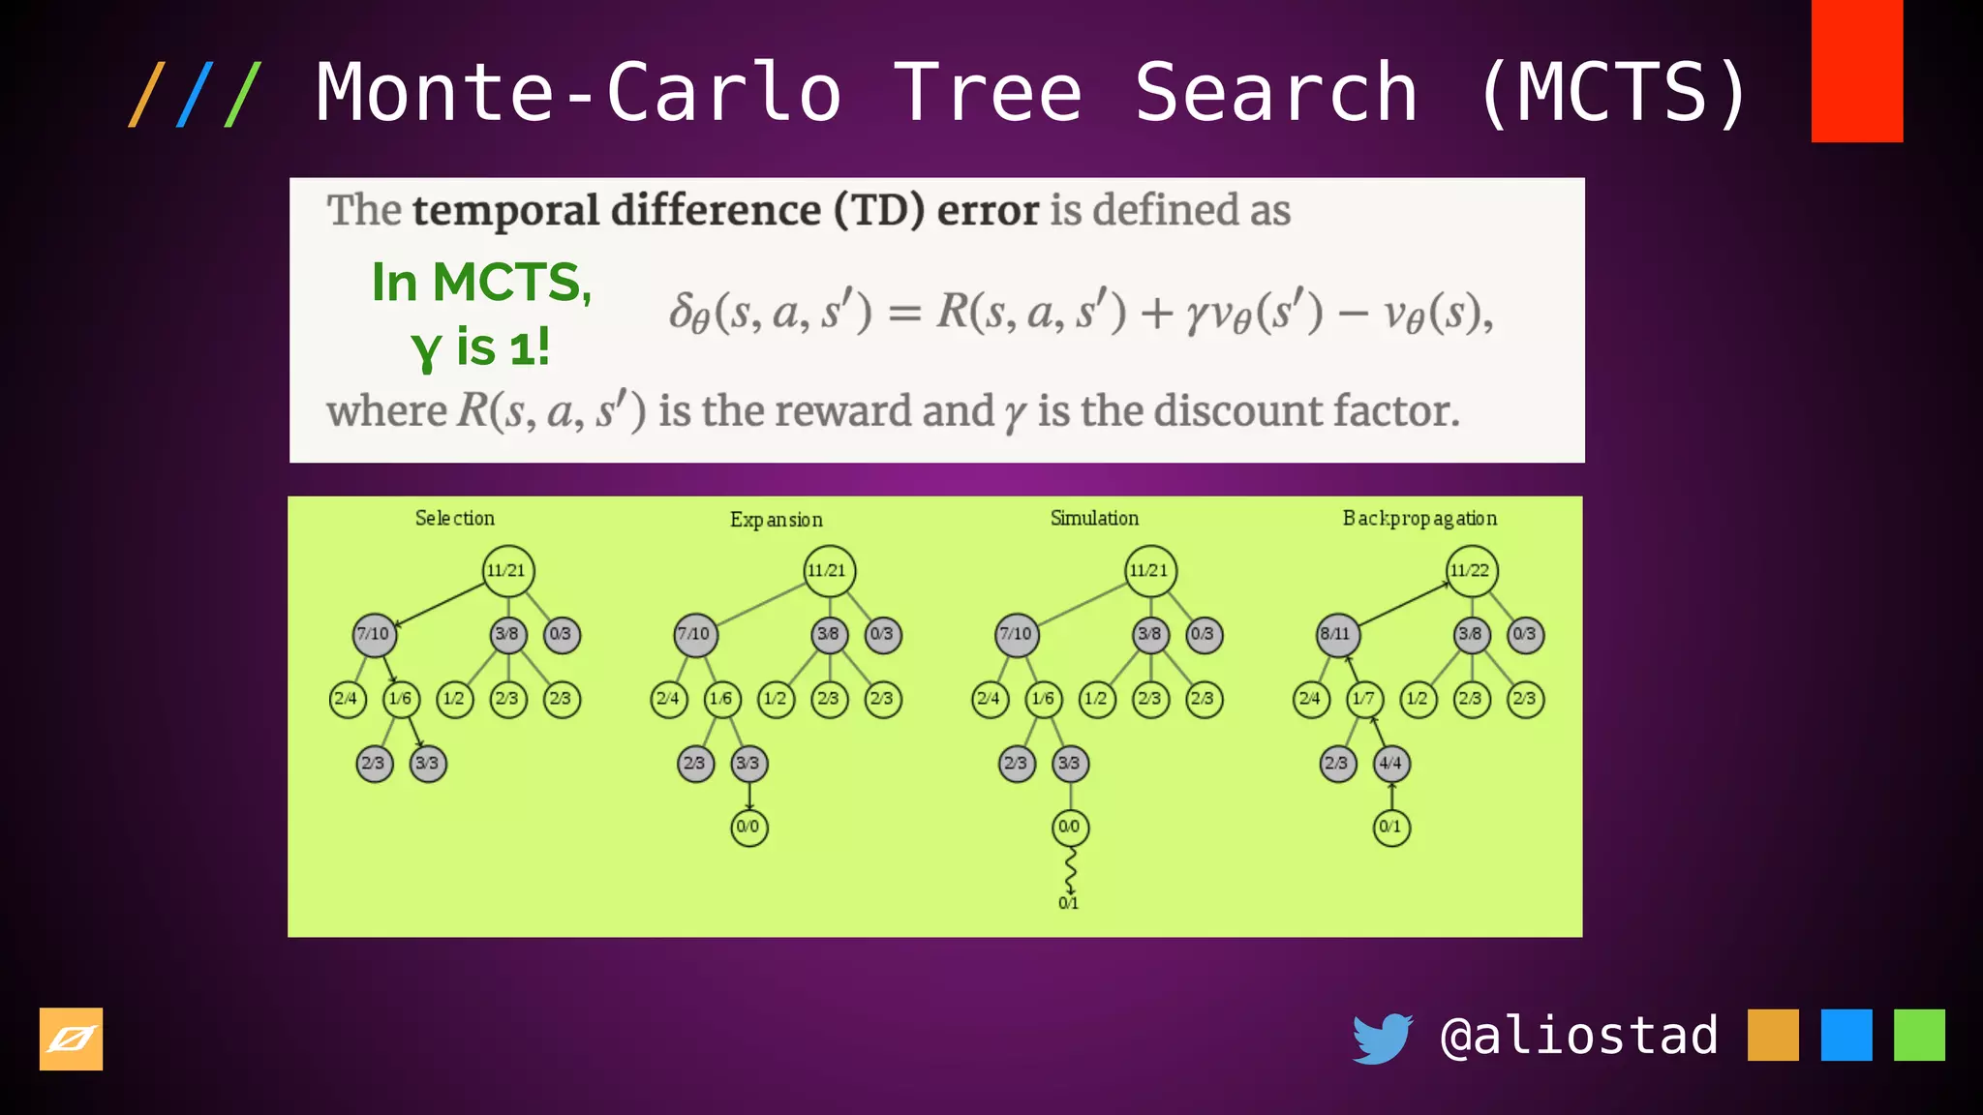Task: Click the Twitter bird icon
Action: coord(1382,1038)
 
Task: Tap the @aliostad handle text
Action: coord(1579,1036)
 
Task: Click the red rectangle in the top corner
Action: coord(1856,71)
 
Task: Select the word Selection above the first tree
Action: coord(454,519)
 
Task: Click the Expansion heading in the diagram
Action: coord(776,520)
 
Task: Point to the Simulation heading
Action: coord(1094,519)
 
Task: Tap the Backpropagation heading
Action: coord(1419,519)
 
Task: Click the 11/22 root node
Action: coord(1471,570)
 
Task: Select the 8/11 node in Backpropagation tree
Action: coord(1336,635)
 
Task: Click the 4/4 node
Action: coord(1391,764)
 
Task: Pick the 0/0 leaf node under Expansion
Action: coord(748,828)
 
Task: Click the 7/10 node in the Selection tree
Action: coord(374,635)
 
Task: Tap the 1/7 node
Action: coord(1364,699)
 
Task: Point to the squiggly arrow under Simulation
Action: coord(1070,870)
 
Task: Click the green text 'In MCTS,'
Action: coord(481,283)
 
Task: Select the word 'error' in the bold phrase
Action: coord(988,210)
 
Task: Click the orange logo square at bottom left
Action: coord(71,1040)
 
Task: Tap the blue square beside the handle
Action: coord(1846,1036)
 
